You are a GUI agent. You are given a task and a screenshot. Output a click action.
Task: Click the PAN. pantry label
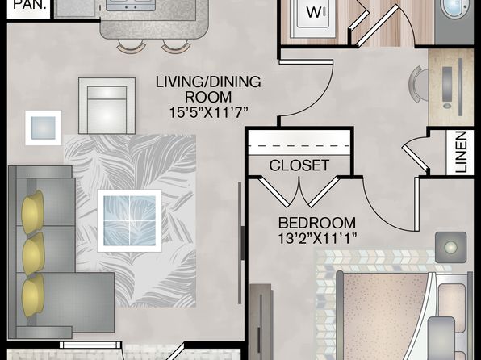coord(31,5)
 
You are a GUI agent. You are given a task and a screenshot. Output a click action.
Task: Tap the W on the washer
coord(313,13)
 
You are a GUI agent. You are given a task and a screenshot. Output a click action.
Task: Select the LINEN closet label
coord(461,152)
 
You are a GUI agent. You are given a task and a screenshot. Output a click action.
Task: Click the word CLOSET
coord(299,165)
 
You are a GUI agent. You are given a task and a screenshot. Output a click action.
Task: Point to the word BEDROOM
coord(317,223)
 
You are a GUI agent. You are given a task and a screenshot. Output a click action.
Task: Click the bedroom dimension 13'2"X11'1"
coord(317,238)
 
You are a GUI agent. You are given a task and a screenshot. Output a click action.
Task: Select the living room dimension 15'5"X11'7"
coord(208,113)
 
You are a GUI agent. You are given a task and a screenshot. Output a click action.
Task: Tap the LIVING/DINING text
coord(208,82)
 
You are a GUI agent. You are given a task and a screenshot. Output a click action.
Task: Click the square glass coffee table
coord(129,220)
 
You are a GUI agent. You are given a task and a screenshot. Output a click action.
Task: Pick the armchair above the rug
coord(107,106)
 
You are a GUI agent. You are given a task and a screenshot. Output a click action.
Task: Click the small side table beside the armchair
coord(44,128)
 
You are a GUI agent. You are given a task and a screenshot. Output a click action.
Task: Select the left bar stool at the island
coord(132,46)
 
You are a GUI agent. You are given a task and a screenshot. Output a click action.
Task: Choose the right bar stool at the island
coord(176,46)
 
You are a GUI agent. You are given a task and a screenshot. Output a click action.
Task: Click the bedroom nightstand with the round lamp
coord(450,247)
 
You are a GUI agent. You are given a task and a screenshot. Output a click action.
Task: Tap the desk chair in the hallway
coord(418,84)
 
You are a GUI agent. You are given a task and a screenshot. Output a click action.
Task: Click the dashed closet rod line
coord(299,146)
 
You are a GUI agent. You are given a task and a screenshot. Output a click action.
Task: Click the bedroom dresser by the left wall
coord(261,321)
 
